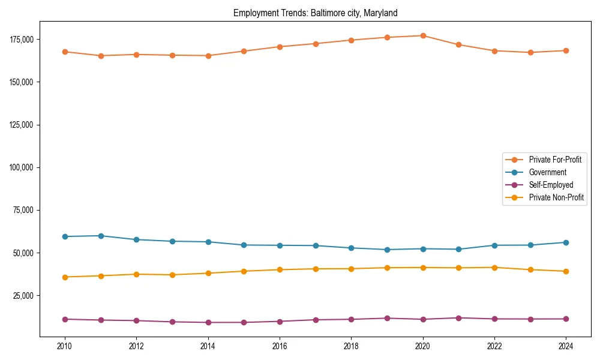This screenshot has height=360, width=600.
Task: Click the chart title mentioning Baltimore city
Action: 315,13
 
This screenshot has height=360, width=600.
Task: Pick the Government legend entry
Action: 547,172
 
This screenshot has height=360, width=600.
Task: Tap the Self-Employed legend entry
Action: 551,185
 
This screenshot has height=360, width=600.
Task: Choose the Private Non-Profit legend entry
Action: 556,197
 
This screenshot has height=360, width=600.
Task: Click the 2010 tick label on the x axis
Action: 65,346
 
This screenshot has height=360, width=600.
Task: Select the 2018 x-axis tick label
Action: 352,346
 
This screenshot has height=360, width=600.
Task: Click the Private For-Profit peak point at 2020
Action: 423,35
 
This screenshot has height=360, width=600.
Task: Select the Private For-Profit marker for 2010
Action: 65,52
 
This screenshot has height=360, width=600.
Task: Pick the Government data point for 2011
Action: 101,236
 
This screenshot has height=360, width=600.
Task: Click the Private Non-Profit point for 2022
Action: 494,268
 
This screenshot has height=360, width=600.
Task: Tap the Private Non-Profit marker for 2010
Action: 65,277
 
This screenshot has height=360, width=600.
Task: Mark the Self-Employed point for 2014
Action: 208,322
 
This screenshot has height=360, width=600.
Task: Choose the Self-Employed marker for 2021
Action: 459,318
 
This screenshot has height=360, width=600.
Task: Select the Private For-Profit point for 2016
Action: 280,47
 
